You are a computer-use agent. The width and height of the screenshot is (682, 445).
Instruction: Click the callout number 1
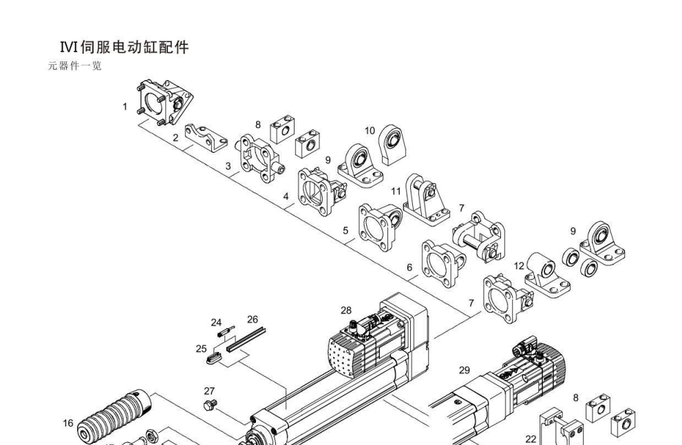pyautogui.click(x=125, y=107)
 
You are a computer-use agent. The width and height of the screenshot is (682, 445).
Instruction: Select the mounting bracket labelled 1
pyautogui.click(x=165, y=103)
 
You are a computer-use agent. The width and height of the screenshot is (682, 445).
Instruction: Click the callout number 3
pyautogui.click(x=228, y=166)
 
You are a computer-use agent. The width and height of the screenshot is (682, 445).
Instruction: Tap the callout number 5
pyautogui.click(x=345, y=230)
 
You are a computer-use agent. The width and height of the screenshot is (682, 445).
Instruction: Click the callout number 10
pyautogui.click(x=370, y=130)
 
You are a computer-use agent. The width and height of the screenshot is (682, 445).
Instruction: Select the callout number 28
pyautogui.click(x=345, y=310)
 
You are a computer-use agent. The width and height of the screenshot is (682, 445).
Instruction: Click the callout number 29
pyautogui.click(x=465, y=370)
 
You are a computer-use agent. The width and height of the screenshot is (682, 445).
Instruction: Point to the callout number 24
pyautogui.click(x=216, y=322)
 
